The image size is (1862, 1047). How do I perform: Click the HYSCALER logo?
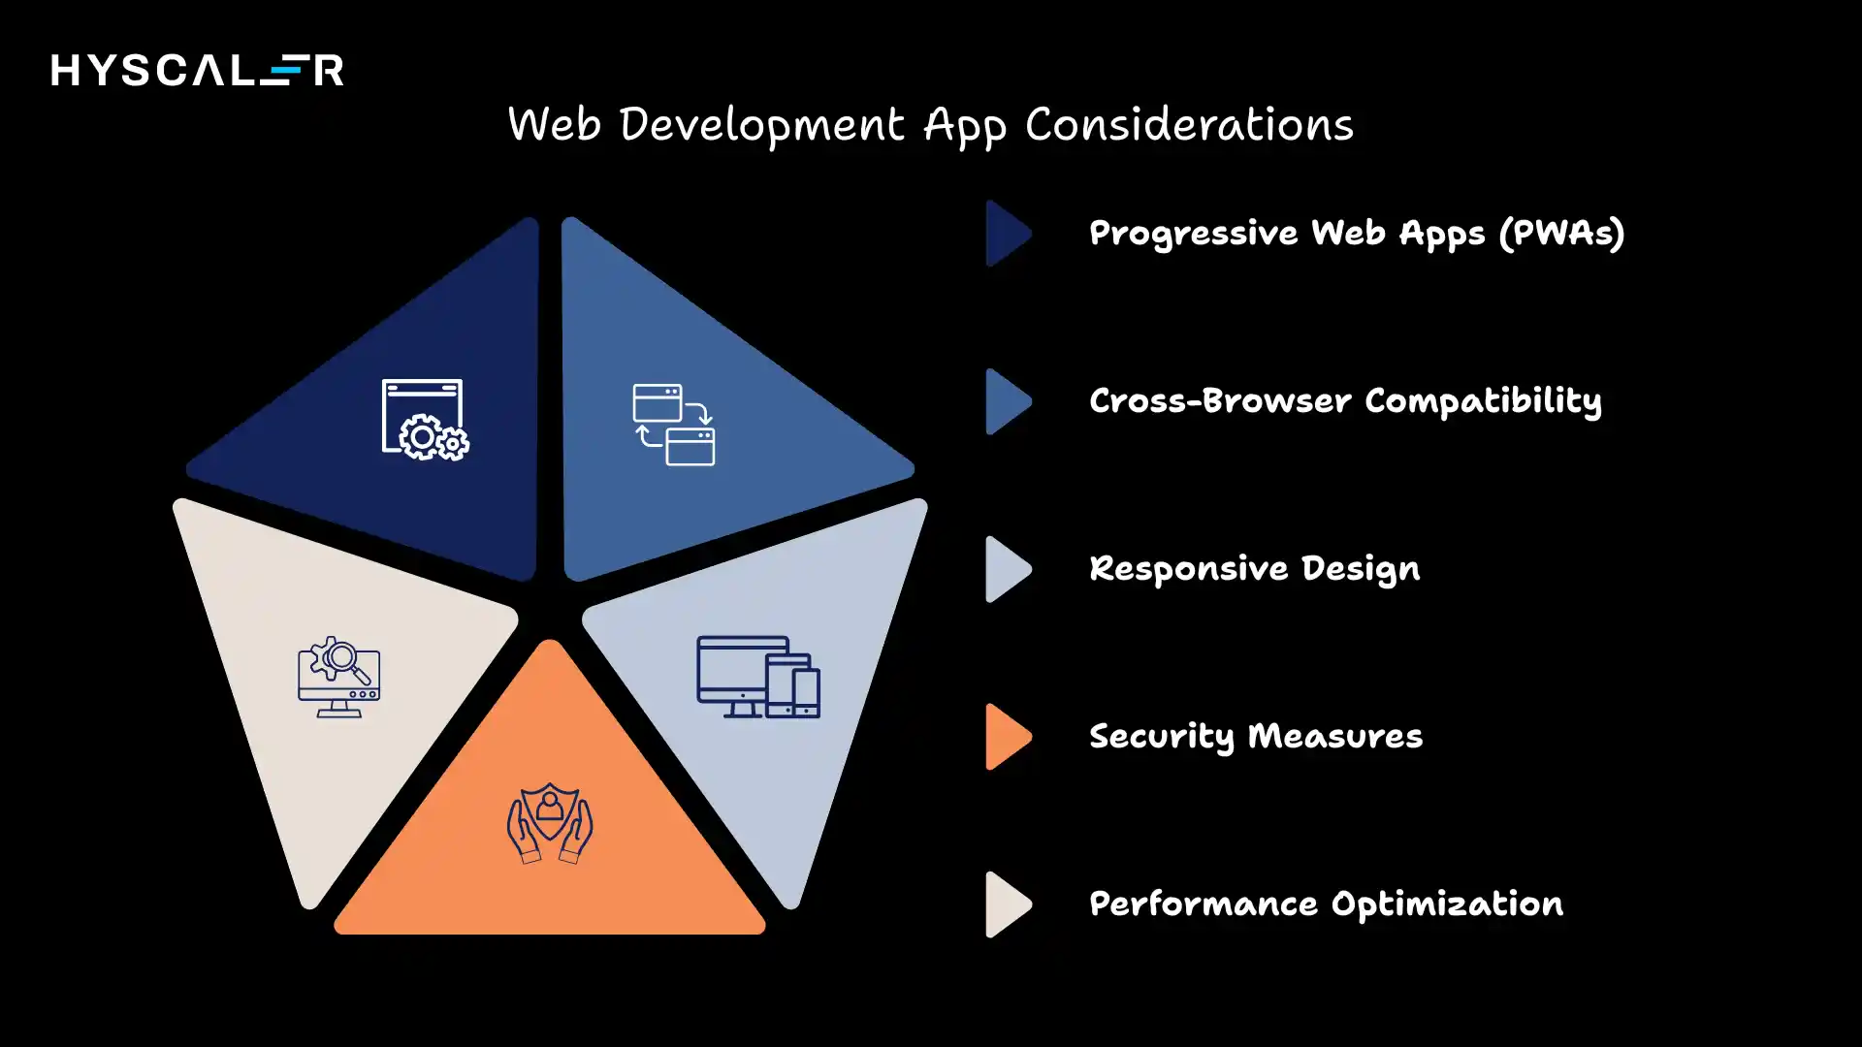pos(197,70)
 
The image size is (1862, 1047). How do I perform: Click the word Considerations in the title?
pos(1189,125)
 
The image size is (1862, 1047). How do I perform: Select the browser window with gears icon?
pos(425,420)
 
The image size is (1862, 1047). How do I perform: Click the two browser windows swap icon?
pos(674,425)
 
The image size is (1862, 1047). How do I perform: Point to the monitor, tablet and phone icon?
pos(758,677)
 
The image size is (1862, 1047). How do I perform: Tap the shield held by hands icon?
pos(550,823)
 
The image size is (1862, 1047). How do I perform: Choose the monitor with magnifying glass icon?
pos(338,677)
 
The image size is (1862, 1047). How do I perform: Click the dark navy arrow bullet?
pos(1007,234)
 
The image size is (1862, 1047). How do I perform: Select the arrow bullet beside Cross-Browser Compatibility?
pos(1007,401)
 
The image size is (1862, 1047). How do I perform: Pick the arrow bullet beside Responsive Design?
pos(1007,569)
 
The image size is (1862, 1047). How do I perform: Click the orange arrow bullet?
pos(1007,737)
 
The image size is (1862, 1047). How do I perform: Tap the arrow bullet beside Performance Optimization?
pos(1007,904)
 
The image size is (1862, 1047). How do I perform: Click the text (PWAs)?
pos(1561,234)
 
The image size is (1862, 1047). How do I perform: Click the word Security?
pos(1161,737)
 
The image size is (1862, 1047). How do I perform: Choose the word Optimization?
pos(1447,904)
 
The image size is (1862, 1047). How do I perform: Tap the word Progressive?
pos(1193,234)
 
